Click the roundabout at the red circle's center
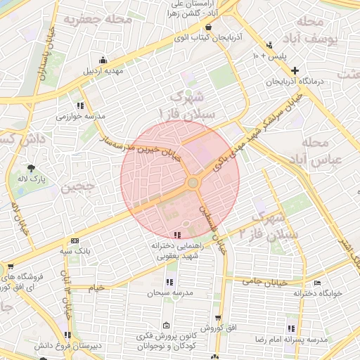coord(193,183)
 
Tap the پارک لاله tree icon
coord(32,167)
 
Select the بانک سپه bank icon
coord(75,240)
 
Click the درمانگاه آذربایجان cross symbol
coord(294,70)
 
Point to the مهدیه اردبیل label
coord(103,71)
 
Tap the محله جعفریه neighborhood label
coord(98,19)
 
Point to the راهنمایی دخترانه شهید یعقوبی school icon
coord(176,235)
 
